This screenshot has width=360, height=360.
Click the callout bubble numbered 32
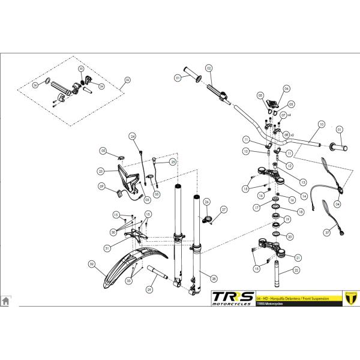(92, 263)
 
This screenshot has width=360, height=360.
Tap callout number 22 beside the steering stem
(296, 271)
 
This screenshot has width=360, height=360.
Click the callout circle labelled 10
(322, 124)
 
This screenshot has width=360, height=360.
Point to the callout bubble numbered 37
(328, 231)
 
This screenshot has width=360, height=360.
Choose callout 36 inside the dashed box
(35, 86)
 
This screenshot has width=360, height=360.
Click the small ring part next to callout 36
(47, 82)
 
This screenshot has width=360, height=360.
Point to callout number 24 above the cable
(134, 136)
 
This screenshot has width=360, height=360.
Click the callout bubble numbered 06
(286, 88)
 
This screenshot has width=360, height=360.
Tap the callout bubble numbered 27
(223, 209)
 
